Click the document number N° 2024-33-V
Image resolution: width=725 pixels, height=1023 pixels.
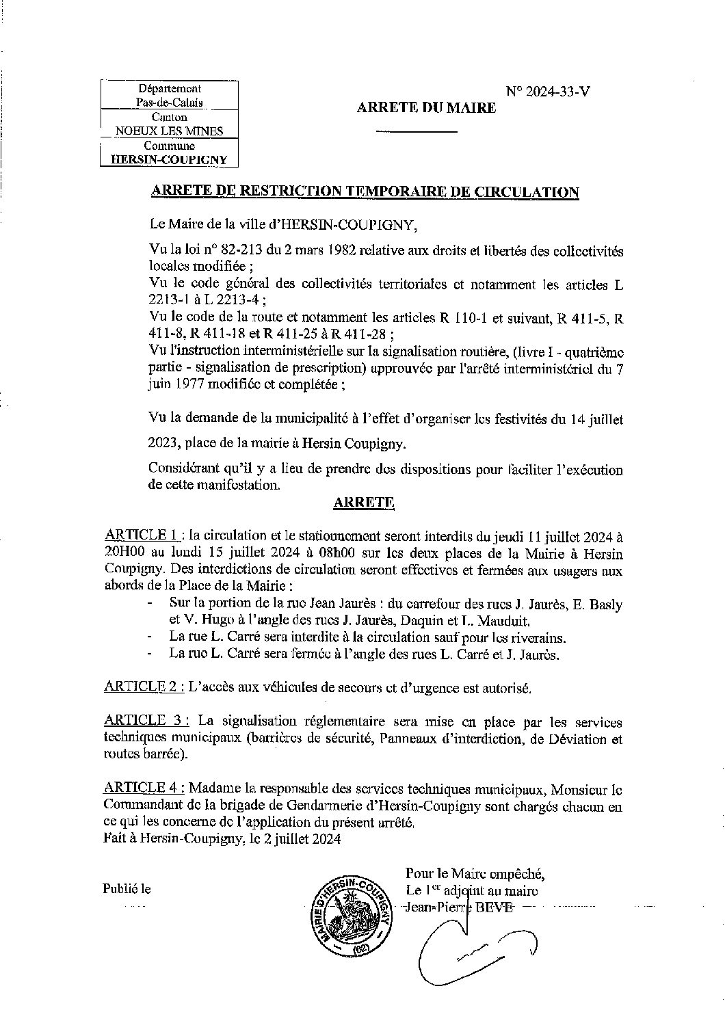coord(547,90)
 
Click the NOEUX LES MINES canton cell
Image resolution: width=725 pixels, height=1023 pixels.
coord(169,131)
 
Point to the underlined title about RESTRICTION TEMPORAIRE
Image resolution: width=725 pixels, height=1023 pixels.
coord(365,192)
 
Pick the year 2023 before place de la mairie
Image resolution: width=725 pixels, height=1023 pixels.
coord(163,443)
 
